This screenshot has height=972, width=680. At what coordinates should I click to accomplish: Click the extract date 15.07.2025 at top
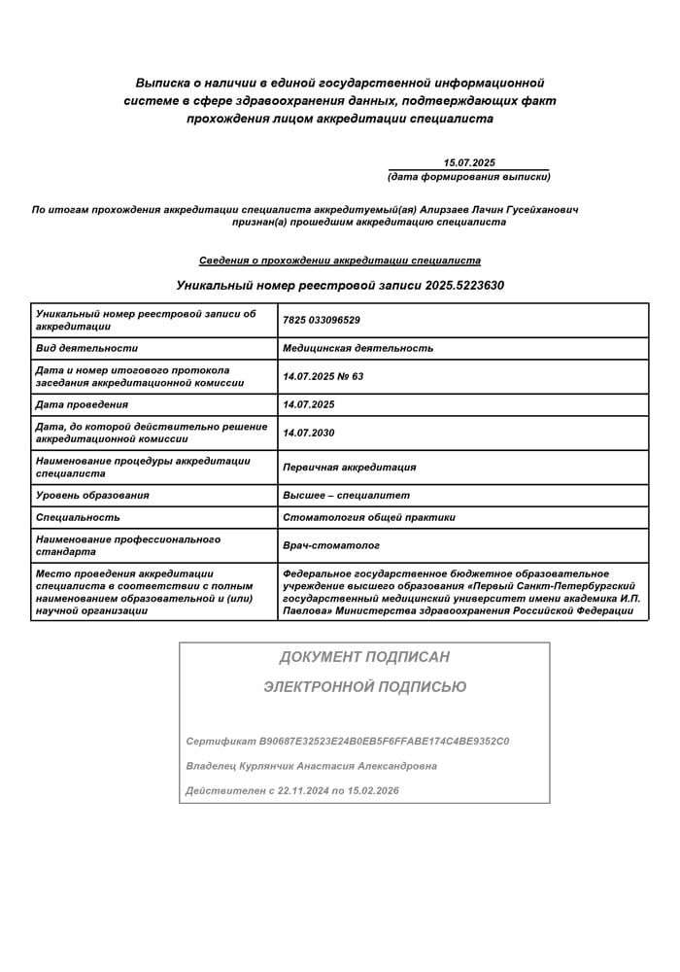pos(469,162)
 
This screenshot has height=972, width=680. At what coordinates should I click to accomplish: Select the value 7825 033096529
pos(322,320)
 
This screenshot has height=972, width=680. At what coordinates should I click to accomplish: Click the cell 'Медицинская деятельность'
pos(357,348)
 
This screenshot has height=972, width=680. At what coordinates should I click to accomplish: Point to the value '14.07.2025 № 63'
pos(323,376)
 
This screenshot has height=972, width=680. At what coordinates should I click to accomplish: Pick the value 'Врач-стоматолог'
pos(330,545)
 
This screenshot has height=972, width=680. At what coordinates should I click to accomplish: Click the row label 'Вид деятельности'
pos(86,348)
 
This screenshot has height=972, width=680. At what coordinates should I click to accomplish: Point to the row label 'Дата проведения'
pos(82,404)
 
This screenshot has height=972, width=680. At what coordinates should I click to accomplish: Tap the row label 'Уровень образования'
pos(92,495)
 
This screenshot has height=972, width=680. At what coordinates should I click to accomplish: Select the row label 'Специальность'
pos(78,517)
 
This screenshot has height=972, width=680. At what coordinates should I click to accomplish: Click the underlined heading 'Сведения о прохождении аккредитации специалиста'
pos(340,260)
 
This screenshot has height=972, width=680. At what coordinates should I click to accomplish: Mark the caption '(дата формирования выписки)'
pos(468,177)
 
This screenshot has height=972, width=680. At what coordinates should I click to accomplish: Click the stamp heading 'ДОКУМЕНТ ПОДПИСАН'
pos(364,657)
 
